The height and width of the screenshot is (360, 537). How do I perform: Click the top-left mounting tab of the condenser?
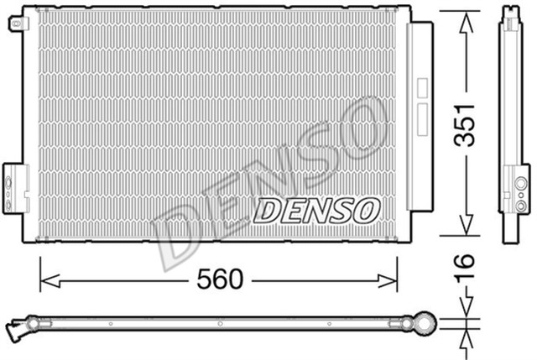14,23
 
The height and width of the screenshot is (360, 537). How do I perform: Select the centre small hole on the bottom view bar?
219,323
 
